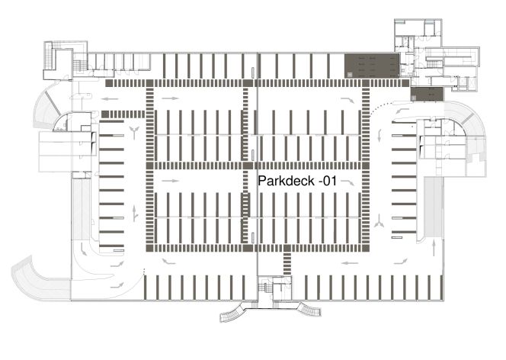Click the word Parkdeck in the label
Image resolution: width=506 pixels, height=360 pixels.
287,181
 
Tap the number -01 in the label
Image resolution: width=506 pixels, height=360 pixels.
328,181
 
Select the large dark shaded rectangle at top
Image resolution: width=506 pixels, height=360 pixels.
372,66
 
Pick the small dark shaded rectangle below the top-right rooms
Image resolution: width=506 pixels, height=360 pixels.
428,94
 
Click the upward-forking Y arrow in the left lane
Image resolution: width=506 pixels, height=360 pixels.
134,133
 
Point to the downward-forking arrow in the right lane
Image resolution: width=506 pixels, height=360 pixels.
379,221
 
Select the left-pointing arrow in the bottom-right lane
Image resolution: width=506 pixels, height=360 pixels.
350,263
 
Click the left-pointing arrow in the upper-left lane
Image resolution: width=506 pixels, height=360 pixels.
110,99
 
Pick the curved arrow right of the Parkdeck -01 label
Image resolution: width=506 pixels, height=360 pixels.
347,183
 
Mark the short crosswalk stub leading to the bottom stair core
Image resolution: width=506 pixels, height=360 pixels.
287,264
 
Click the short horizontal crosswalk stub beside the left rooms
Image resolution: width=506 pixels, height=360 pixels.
123,114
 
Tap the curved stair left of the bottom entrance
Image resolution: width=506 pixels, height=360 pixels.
233,312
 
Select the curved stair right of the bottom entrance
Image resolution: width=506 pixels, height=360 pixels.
309,310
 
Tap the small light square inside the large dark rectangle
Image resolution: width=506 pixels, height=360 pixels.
350,74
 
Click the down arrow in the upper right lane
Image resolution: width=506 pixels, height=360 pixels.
379,135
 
